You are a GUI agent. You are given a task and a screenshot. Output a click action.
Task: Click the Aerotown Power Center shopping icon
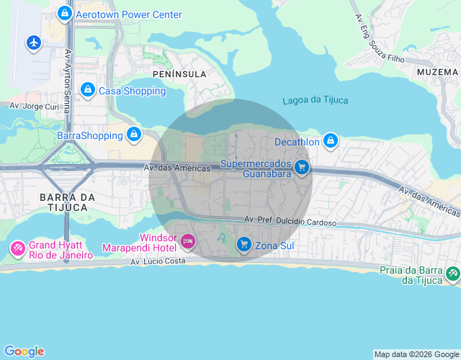pos(66,14)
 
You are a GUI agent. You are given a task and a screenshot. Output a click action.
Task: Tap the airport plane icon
pos(34,42)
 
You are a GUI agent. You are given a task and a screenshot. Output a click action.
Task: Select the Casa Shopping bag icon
pos(87,90)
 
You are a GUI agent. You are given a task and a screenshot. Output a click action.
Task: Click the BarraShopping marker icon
pos(133,135)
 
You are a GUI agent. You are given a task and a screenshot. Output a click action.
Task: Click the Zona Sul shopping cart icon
pos(244,246)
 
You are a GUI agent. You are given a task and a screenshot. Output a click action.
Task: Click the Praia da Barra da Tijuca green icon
pos(452,274)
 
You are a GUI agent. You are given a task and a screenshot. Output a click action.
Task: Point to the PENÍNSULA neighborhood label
pos(179,74)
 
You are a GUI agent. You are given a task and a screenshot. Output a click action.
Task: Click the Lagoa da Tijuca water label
pos(312,100)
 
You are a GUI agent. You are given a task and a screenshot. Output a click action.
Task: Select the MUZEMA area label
pos(437,72)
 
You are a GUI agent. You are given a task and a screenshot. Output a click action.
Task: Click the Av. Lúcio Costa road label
pos(158,262)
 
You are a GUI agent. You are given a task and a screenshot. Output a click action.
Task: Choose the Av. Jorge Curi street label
pos(34,106)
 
